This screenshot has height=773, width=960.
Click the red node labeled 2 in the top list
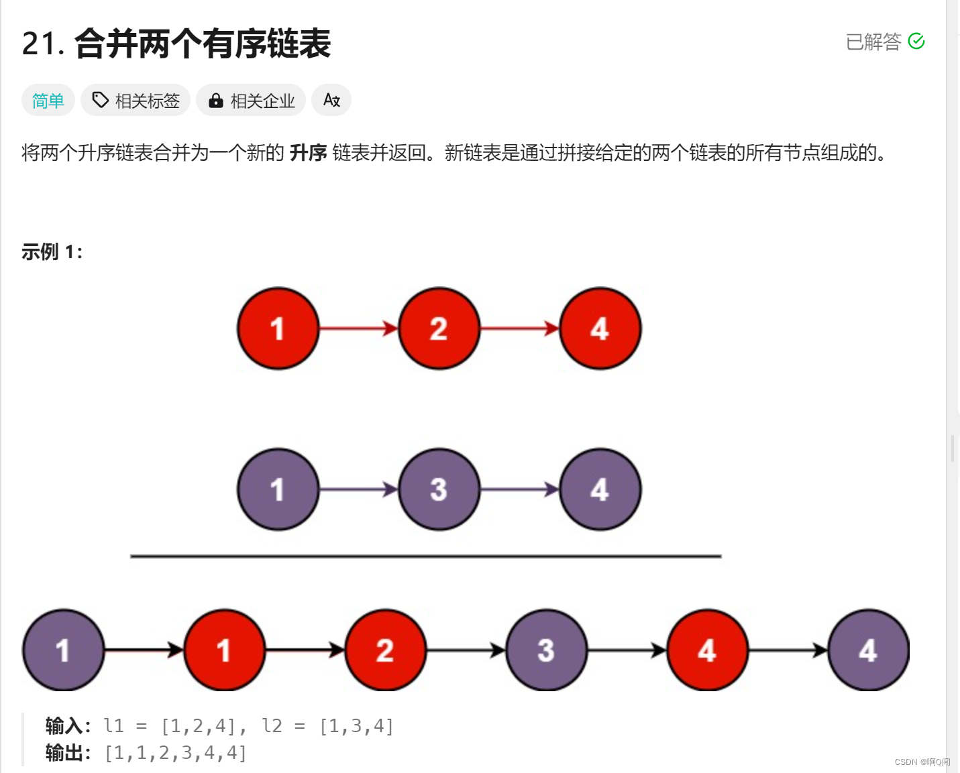(x=439, y=329)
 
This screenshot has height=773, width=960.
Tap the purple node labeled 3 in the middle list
(x=439, y=489)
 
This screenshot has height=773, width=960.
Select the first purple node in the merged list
(x=63, y=650)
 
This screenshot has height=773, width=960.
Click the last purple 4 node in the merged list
(x=868, y=650)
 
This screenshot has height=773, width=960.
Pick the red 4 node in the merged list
(x=707, y=650)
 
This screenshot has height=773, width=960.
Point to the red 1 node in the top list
(x=278, y=329)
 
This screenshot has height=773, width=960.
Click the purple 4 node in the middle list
(x=600, y=489)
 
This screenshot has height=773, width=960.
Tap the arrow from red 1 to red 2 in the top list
(x=358, y=329)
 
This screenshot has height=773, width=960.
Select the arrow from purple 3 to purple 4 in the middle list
(x=519, y=489)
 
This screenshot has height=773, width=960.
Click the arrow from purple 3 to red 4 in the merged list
(x=627, y=650)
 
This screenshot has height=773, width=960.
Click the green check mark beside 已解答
(x=916, y=42)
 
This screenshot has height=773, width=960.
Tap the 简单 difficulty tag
(x=48, y=101)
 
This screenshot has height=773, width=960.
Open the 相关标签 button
(x=136, y=101)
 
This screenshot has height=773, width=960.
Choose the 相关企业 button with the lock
(x=251, y=101)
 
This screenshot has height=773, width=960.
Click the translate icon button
(x=331, y=101)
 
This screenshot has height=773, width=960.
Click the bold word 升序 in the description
(x=308, y=153)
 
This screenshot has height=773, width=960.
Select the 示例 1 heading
(x=52, y=252)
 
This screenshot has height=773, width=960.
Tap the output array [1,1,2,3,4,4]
(x=176, y=753)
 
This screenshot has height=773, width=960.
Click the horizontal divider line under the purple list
(x=425, y=556)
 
